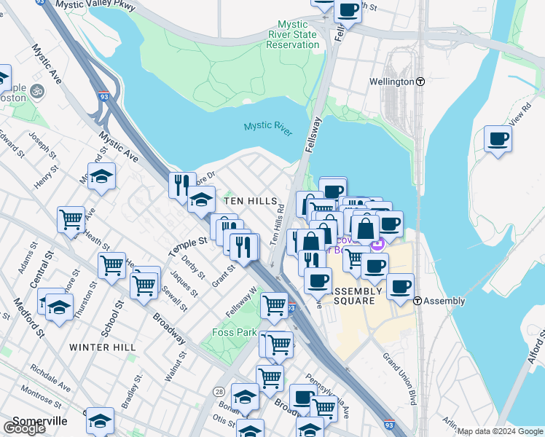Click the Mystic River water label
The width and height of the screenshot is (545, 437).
click(x=267, y=128)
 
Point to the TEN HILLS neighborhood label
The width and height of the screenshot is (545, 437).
click(x=250, y=201)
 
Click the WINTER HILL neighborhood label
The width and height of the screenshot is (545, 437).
click(x=102, y=347)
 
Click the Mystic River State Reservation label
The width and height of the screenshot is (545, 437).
click(x=291, y=34)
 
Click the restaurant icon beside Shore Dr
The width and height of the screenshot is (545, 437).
click(x=182, y=185)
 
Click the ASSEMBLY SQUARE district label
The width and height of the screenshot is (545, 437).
click(x=354, y=295)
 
